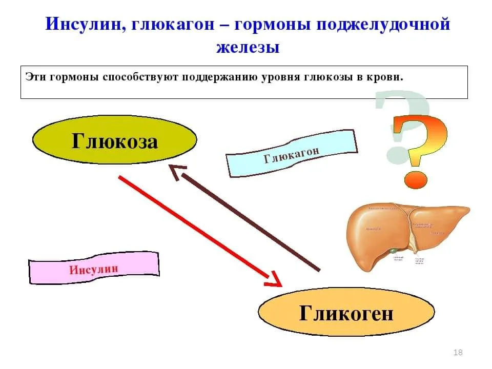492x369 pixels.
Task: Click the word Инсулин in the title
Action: [x=81, y=24]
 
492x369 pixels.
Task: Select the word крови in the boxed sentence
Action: [x=388, y=78]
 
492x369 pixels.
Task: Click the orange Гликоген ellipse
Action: [x=346, y=312]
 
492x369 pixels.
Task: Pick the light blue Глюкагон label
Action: [x=292, y=153]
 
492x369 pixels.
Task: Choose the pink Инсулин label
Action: [x=94, y=268]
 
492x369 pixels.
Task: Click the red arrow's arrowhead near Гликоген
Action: [x=274, y=280]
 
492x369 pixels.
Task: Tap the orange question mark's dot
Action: [x=415, y=179]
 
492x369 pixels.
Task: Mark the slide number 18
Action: [x=458, y=352]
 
